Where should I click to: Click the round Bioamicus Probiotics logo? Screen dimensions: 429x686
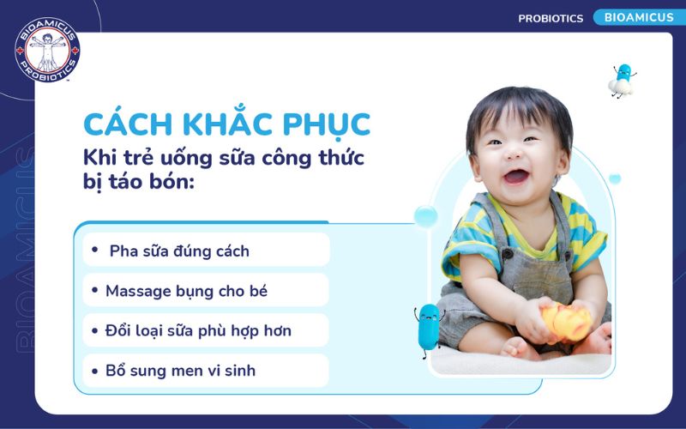pos(47,51)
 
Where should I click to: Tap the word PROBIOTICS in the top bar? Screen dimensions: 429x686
pos(551,18)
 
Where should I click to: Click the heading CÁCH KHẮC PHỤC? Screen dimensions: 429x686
pos(226,124)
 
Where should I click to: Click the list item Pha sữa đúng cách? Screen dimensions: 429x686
pos(179,251)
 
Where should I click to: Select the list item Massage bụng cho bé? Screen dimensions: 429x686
pos(186,291)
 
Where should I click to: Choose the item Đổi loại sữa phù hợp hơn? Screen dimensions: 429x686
pos(198,330)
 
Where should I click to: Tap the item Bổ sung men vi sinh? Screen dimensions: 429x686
pos(180,371)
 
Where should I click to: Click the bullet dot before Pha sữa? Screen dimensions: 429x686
pos(95,251)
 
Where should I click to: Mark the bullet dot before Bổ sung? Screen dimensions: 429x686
pos(95,371)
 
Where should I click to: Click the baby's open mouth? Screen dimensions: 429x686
pos(515,177)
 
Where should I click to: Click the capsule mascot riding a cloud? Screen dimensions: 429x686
pos(622,80)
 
